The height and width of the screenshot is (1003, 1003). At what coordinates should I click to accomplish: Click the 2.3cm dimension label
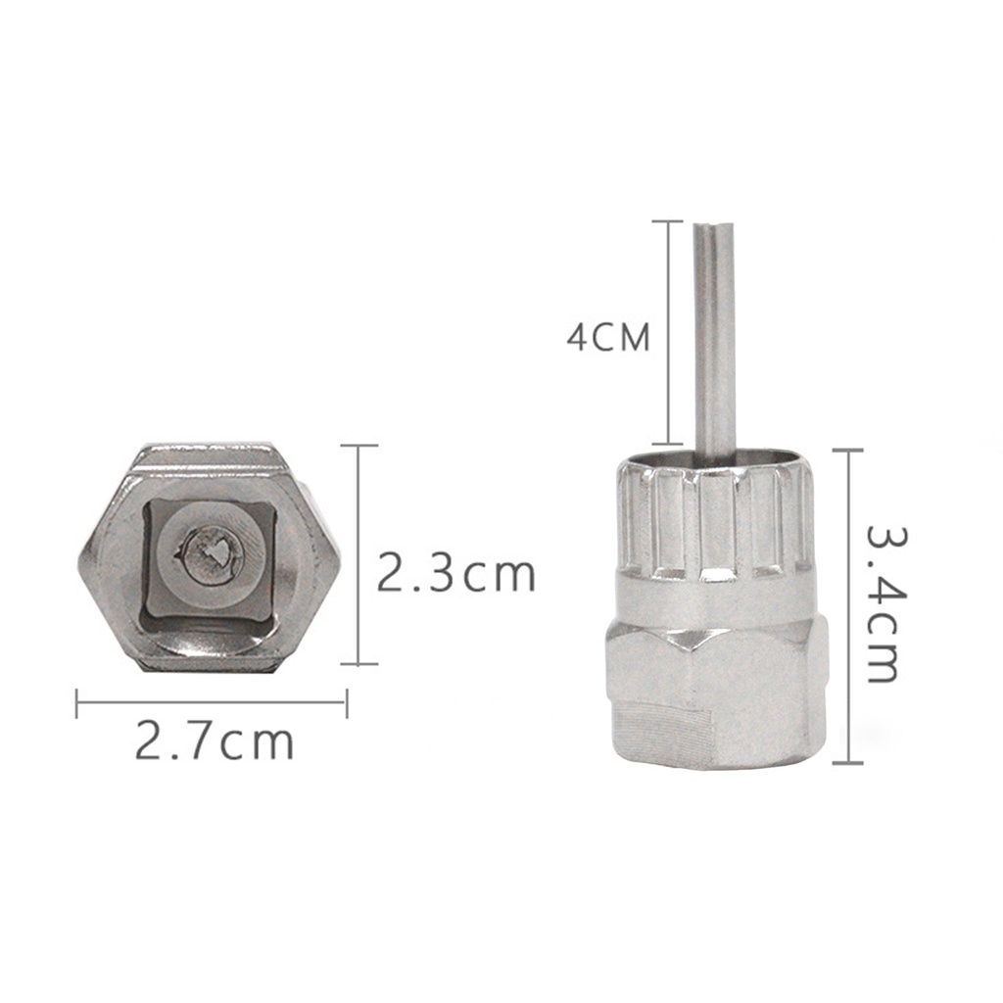click(x=455, y=573)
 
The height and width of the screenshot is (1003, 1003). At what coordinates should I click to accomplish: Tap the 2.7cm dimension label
click(x=215, y=740)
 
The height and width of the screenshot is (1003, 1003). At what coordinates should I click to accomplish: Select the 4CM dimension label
click(x=607, y=337)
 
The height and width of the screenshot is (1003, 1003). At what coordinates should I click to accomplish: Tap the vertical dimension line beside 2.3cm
click(x=358, y=554)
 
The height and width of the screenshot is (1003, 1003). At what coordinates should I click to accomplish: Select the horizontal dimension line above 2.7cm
click(x=212, y=701)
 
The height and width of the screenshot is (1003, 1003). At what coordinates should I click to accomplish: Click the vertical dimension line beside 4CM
click(x=668, y=333)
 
